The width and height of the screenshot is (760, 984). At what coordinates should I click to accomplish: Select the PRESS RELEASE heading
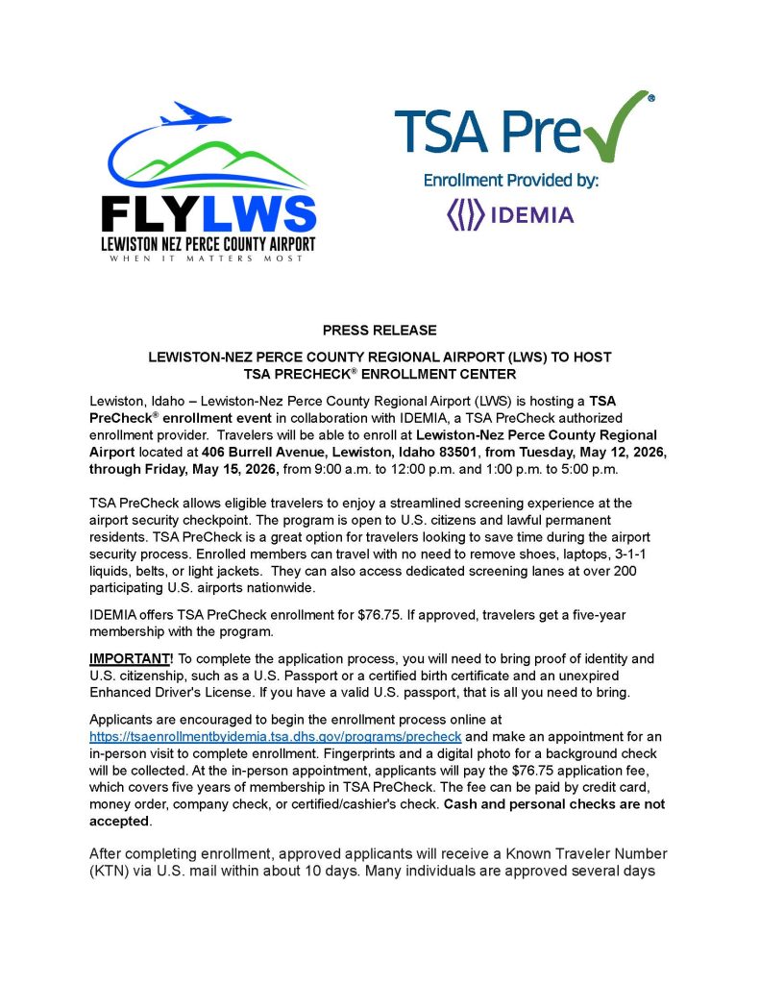380,331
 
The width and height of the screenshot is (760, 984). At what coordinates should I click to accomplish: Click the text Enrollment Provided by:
511,180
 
